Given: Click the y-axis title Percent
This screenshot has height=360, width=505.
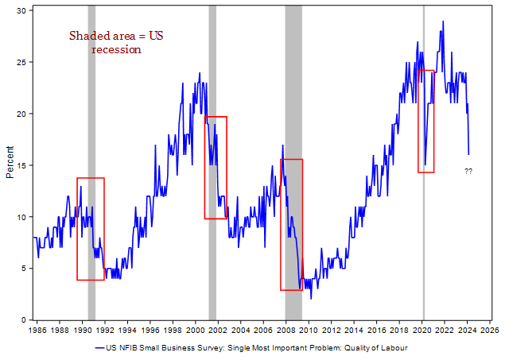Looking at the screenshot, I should click(10, 164).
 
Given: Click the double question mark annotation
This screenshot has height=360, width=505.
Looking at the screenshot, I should click(468, 172).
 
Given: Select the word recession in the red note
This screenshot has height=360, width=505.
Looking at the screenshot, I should click(116, 50).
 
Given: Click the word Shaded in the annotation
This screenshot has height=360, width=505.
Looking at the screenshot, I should click(88, 36).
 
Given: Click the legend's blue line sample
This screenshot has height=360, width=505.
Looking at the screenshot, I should click(99, 348).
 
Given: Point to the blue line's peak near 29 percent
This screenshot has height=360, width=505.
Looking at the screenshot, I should click(442, 21).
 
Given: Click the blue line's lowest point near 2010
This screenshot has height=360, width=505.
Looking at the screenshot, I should click(311, 299).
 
